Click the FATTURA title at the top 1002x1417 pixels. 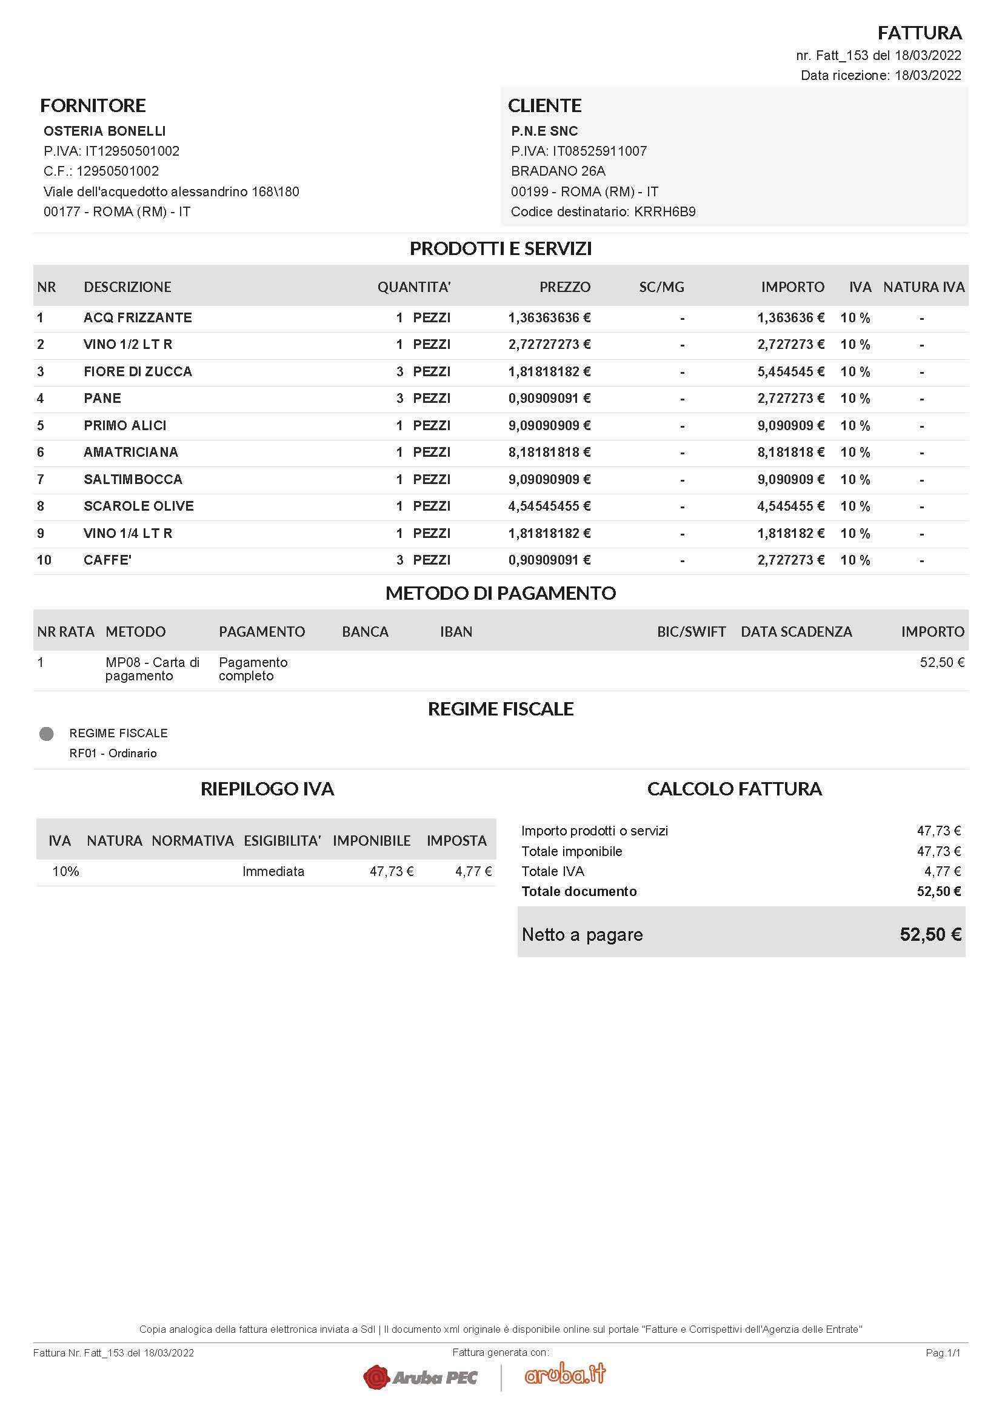(920, 32)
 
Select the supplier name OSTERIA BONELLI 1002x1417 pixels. (104, 131)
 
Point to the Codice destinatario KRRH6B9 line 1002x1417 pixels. (603, 211)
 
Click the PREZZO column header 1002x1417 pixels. (564, 287)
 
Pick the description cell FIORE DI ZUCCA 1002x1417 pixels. (138, 371)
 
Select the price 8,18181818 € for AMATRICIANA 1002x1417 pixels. (549, 453)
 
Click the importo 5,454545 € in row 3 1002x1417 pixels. (790, 371)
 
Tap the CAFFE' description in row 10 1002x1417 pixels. (107, 560)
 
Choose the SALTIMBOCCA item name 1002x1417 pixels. (133, 480)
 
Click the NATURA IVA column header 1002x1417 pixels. (923, 287)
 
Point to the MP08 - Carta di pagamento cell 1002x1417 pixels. (152, 669)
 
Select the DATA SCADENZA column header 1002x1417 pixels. (796, 632)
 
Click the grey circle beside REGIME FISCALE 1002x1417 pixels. (46, 734)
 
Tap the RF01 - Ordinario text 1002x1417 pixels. (113, 754)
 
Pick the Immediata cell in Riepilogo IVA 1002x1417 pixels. (273, 871)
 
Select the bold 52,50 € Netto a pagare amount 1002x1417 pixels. (930, 934)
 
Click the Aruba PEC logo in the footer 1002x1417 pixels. (421, 1377)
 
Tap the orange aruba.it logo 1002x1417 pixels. (565, 1374)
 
